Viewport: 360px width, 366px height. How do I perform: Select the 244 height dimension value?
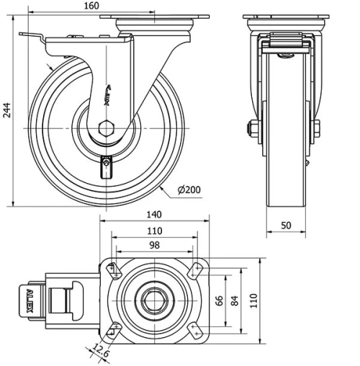(7, 109)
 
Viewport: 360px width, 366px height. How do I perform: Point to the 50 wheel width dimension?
(286, 226)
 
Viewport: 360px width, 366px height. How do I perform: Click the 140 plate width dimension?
(153, 215)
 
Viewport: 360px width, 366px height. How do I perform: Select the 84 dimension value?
(235, 300)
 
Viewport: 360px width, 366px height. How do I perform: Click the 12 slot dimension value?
(95, 348)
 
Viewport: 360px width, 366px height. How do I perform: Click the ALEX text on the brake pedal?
(30, 299)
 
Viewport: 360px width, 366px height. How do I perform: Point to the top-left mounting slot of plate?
(114, 269)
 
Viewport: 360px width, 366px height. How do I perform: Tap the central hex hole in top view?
(154, 300)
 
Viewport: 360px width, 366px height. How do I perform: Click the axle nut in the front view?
(253, 130)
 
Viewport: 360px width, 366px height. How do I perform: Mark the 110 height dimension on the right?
(253, 300)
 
